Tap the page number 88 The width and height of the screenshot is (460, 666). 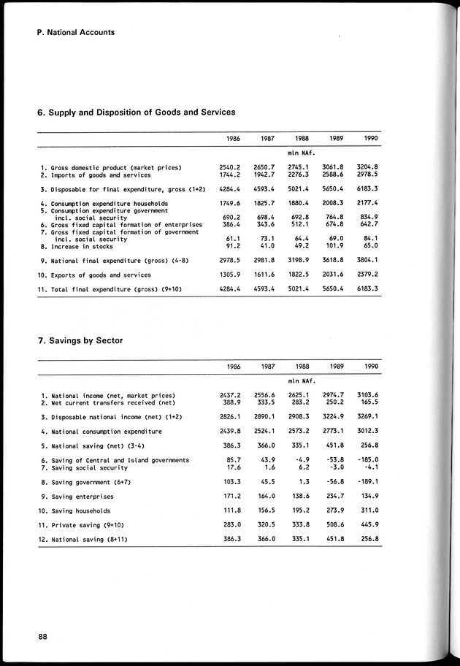[43, 637]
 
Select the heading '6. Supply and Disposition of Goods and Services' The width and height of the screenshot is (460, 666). [136, 112]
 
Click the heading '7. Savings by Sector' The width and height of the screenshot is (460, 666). [80, 340]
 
